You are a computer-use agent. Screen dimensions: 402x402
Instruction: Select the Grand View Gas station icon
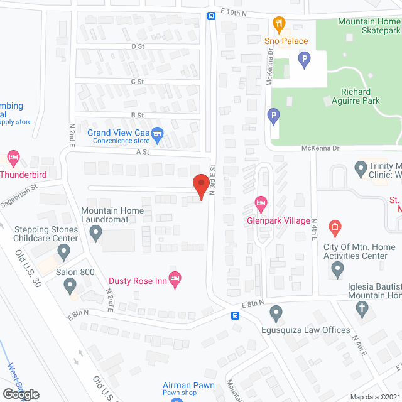click(x=157, y=133)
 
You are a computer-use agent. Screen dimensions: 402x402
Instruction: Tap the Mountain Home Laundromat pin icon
click(x=96, y=234)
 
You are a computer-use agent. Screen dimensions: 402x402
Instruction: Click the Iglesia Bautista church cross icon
click(x=361, y=308)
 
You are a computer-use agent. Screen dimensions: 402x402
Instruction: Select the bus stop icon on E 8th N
click(x=235, y=316)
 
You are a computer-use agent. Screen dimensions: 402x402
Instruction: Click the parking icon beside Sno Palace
click(x=304, y=61)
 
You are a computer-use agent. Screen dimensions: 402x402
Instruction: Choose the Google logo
click(x=20, y=394)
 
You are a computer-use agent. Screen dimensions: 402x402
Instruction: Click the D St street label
click(x=138, y=46)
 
